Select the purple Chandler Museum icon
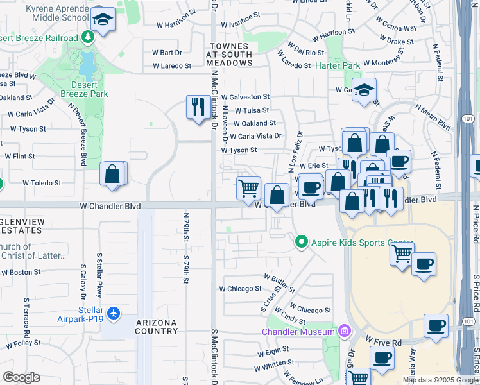click(x=344, y=331)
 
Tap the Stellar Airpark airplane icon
click(x=114, y=313)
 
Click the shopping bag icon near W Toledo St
click(x=112, y=174)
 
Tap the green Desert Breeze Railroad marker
click(x=88, y=38)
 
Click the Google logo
click(x=21, y=377)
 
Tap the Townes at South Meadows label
click(x=229, y=55)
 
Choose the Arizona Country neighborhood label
click(x=157, y=327)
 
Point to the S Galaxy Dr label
click(x=83, y=282)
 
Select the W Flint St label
click(x=19, y=156)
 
